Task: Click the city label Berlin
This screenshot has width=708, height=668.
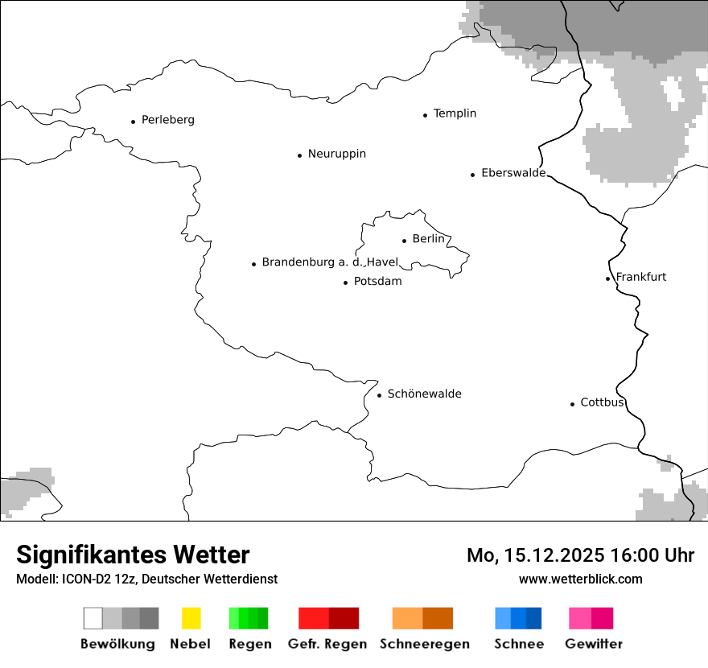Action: [428, 239]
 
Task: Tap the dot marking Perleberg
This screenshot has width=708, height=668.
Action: [133, 122]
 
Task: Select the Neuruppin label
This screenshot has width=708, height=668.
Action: [336, 154]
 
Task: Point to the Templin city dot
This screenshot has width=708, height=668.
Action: [425, 115]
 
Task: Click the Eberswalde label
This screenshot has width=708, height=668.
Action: [513, 173]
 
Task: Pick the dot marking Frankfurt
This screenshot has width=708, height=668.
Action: [607, 278]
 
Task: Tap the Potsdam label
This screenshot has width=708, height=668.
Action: [377, 282]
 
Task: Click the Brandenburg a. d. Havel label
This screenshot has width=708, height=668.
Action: [330, 262]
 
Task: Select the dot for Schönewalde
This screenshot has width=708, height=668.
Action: [379, 395]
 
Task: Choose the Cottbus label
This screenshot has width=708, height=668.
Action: [602, 402]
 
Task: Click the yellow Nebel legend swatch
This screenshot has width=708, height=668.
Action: [191, 618]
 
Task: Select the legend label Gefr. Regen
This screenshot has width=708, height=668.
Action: [327, 644]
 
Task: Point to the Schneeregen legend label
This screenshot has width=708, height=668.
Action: [423, 644]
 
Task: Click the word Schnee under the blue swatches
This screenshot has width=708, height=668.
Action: [519, 644]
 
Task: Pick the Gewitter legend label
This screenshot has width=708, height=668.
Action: [593, 644]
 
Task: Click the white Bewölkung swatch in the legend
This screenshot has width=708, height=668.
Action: [93, 618]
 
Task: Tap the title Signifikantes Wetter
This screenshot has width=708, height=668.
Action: [133, 555]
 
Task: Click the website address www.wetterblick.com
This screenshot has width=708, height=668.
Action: [580, 579]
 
